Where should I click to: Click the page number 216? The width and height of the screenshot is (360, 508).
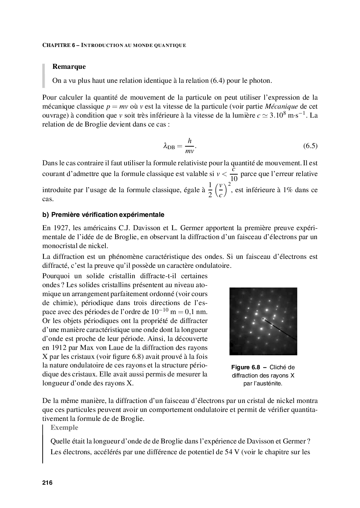tap(47, 483)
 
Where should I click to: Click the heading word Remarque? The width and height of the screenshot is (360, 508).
tap(69, 67)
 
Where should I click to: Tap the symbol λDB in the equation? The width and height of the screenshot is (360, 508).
tap(169, 146)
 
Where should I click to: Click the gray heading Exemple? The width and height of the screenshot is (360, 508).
tap(64, 427)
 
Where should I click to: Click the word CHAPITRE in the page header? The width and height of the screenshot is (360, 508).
tap(56, 45)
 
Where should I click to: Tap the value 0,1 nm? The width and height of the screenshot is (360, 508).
tap(194, 312)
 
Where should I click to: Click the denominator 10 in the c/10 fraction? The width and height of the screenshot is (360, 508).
tap(233, 178)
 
